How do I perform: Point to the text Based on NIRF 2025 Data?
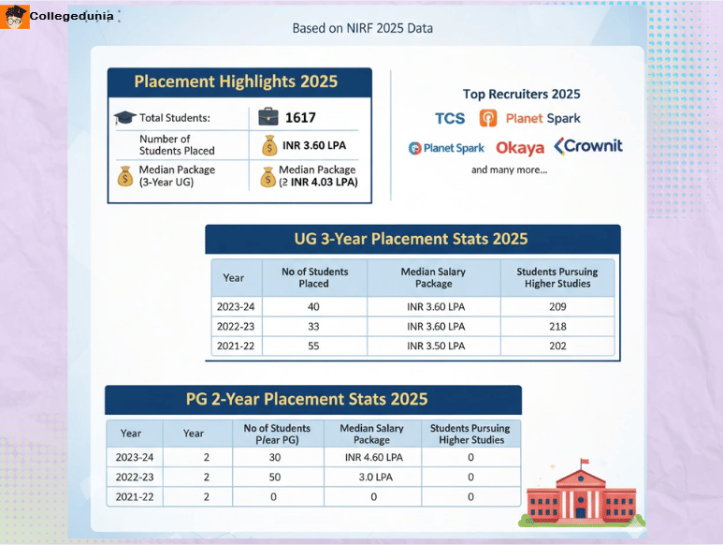tap(362, 28)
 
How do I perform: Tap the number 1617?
tap(300, 118)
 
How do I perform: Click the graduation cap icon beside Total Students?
tap(124, 118)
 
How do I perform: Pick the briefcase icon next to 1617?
tap(268, 117)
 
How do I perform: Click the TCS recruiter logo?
tap(450, 118)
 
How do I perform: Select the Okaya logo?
tap(519, 148)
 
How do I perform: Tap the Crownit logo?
tap(587, 146)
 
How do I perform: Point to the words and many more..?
tap(509, 170)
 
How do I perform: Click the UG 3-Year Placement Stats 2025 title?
tap(412, 239)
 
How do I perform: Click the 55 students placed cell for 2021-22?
tap(314, 346)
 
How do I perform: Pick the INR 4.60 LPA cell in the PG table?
tap(371, 458)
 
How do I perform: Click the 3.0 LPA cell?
tap(371, 478)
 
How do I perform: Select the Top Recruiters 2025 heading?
tap(521, 94)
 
